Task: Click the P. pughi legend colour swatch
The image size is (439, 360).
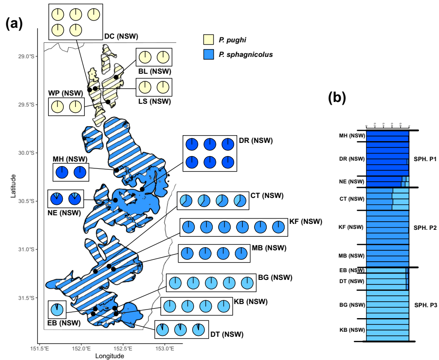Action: (208, 40)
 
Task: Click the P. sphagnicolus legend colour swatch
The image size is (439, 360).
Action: (208, 55)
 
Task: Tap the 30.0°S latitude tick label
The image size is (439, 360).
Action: (24, 153)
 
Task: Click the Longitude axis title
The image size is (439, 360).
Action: (109, 356)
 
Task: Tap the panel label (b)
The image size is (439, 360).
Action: (337, 97)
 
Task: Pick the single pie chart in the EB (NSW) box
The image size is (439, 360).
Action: (57, 309)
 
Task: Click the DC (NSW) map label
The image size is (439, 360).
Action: (121, 36)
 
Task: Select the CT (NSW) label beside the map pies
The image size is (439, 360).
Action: (267, 196)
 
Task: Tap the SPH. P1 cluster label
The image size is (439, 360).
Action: (425, 159)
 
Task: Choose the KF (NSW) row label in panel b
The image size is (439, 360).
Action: (352, 227)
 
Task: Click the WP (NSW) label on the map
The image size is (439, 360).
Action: (66, 93)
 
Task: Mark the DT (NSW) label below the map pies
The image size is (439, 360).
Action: (227, 335)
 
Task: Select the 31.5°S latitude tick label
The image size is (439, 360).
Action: (24, 298)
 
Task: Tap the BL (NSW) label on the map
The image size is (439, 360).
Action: (154, 71)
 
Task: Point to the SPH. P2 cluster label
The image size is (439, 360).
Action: (425, 227)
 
